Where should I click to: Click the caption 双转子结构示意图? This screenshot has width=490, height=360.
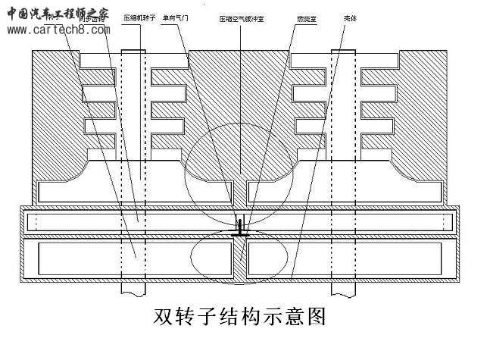coord(240,316)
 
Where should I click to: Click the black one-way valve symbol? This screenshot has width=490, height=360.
coord(240,228)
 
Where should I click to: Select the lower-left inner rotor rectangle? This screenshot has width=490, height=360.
coord(130,258)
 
